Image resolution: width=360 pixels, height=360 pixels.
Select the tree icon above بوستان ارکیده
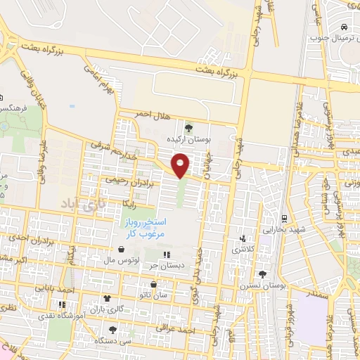[x=188, y=127]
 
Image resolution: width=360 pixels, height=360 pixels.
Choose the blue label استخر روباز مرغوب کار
[x=140, y=229]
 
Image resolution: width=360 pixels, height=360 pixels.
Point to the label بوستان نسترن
[x=264, y=286]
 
